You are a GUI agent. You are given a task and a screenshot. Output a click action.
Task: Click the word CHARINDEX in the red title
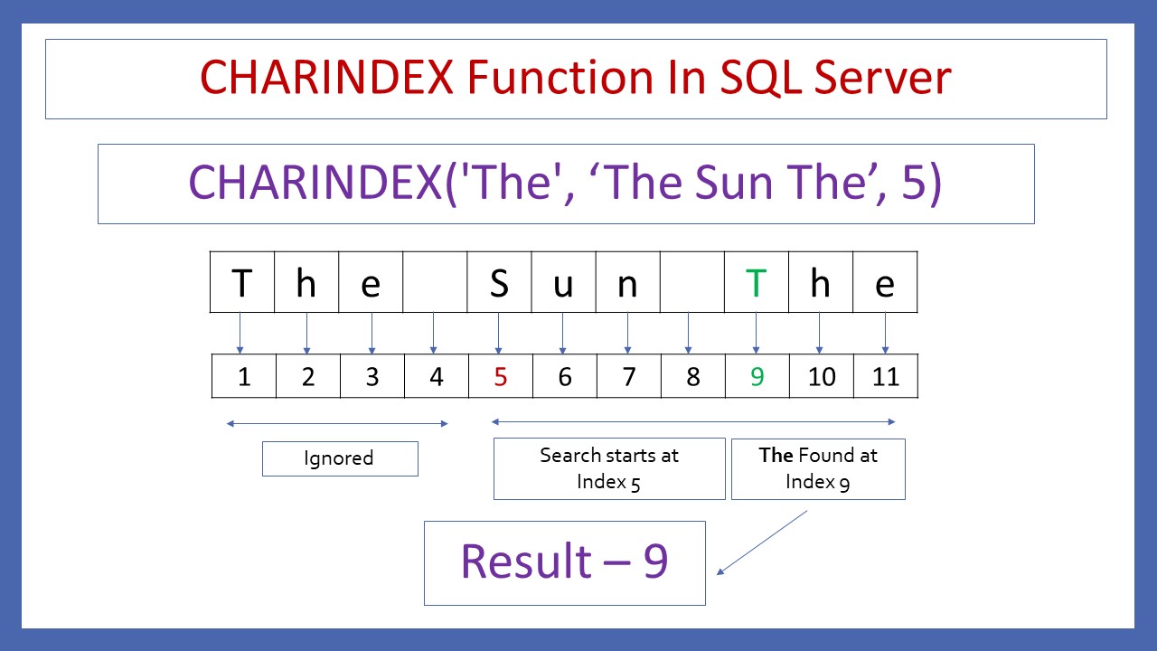pos(326,78)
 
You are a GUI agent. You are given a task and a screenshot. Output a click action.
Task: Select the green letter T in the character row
pos(756,284)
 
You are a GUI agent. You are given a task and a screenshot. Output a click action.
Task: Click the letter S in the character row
pos(499,284)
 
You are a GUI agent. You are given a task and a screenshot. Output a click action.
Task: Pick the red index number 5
pos(500,377)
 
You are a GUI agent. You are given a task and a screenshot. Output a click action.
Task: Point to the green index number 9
pos(757,377)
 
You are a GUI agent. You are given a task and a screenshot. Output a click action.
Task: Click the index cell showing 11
pos(885,377)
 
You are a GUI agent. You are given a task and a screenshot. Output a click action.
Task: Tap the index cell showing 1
pos(243,377)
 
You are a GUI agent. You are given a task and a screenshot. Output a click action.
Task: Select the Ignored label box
pos(339,458)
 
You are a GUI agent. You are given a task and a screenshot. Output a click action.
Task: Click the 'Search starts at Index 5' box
pos(608,468)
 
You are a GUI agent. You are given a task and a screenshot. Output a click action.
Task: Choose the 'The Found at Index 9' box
pos(817,468)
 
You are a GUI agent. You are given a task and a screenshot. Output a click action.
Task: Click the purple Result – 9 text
pos(564,561)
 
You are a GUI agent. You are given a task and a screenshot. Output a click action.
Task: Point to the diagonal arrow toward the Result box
pos(762,542)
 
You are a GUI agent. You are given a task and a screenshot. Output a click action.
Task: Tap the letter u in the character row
pos(563,284)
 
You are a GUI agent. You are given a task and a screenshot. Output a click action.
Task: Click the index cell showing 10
pos(821,377)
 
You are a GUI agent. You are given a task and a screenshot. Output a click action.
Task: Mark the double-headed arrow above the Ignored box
pos(337,422)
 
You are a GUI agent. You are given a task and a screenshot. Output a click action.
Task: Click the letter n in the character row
pos(627,284)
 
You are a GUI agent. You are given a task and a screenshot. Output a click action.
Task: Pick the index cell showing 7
pos(628,377)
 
